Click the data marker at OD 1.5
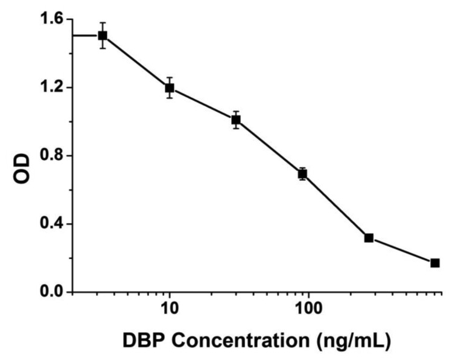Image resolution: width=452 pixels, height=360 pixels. [x=103, y=35]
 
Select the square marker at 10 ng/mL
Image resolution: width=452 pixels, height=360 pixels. [x=170, y=88]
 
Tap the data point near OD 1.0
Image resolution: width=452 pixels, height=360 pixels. [x=236, y=120]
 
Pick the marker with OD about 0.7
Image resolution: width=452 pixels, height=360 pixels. [x=302, y=174]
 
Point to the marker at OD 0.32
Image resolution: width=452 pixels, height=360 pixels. [x=369, y=237]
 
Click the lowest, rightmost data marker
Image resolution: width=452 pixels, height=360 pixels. [x=434, y=263]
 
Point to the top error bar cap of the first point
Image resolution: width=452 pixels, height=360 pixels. [x=103, y=23]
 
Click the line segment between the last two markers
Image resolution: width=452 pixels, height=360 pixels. [x=402, y=250]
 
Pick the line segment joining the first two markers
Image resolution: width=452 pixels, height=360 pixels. [x=136, y=62]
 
